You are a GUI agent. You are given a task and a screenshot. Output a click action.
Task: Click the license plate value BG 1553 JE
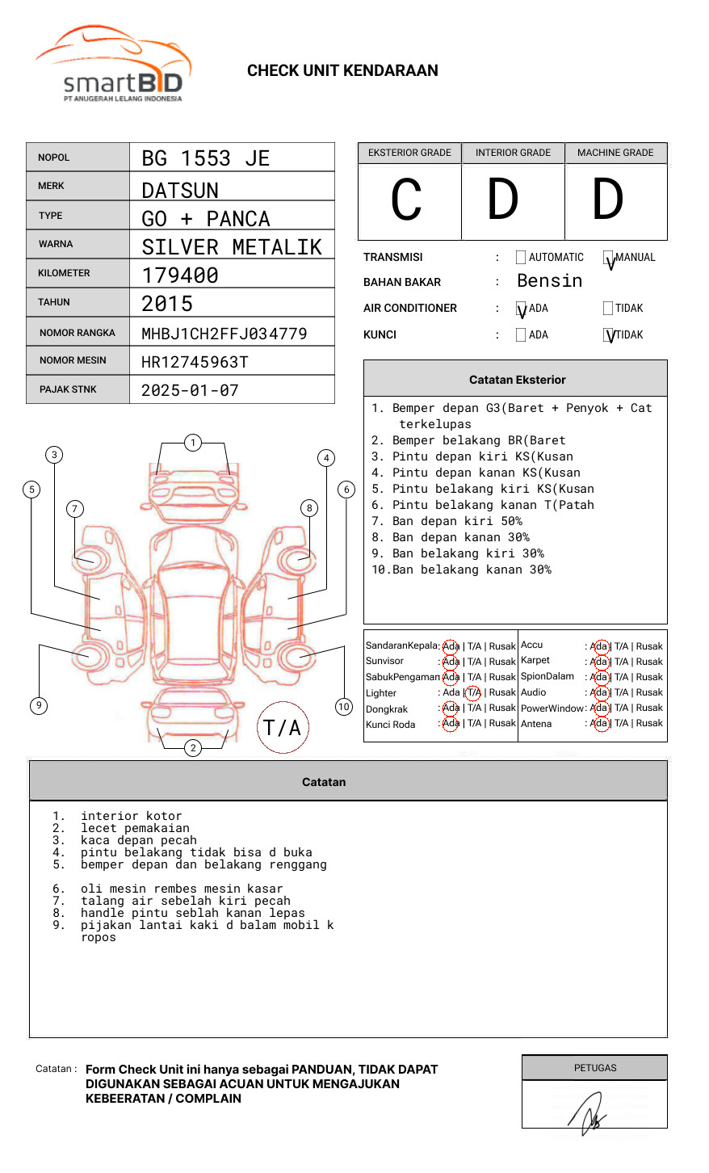(205, 158)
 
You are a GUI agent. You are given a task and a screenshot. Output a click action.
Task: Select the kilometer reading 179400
(180, 275)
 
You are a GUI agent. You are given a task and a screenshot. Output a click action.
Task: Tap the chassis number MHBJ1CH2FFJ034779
(224, 334)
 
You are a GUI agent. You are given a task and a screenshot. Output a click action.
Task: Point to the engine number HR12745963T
(195, 362)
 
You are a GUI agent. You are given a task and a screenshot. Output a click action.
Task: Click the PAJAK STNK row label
(68, 389)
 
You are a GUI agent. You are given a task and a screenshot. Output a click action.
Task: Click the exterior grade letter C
(406, 200)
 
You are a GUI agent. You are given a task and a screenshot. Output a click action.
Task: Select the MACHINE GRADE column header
(615, 153)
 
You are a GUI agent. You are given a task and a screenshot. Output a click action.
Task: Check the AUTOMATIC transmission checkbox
(521, 258)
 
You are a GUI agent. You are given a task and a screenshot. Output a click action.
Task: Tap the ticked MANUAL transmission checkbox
(609, 259)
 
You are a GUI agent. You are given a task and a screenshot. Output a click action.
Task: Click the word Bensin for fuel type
(549, 281)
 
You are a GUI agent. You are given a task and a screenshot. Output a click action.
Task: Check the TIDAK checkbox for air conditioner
(608, 308)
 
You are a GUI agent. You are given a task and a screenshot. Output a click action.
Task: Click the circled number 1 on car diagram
(192, 443)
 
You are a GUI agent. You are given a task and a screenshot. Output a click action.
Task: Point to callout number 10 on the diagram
(344, 707)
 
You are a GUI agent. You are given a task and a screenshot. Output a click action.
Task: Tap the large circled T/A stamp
(282, 728)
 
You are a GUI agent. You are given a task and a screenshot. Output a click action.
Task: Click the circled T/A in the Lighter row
(473, 692)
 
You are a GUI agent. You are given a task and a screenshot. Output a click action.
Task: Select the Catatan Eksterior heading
(517, 380)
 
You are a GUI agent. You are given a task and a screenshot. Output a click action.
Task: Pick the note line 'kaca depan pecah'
(138, 840)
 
